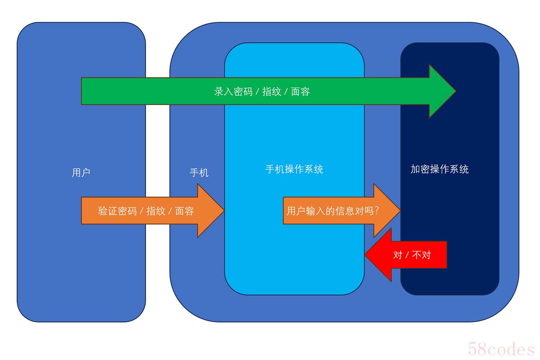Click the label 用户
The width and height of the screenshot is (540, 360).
tap(81, 173)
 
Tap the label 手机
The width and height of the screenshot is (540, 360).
tap(199, 173)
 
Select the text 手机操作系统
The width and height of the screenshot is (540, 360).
tap(294, 169)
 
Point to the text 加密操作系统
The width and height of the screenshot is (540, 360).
tap(440, 169)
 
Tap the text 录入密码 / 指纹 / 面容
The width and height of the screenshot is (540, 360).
tap(262, 92)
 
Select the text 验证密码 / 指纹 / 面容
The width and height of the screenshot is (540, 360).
tap(146, 211)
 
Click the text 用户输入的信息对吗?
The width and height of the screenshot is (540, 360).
tap(333, 211)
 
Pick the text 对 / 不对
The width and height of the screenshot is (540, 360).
tap(412, 255)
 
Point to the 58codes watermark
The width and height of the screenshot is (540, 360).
tap(501, 349)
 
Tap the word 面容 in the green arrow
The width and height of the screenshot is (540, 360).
tap(300, 92)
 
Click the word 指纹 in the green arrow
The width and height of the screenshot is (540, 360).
tap(272, 92)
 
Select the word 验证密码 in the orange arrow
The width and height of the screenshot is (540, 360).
tap(117, 211)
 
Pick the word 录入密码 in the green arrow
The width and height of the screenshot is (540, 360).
tap(233, 92)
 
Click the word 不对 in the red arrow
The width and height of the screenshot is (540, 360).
tap(422, 255)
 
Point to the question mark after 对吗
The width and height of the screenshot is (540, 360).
tap(377, 211)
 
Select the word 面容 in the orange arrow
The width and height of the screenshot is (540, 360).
tap(184, 211)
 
